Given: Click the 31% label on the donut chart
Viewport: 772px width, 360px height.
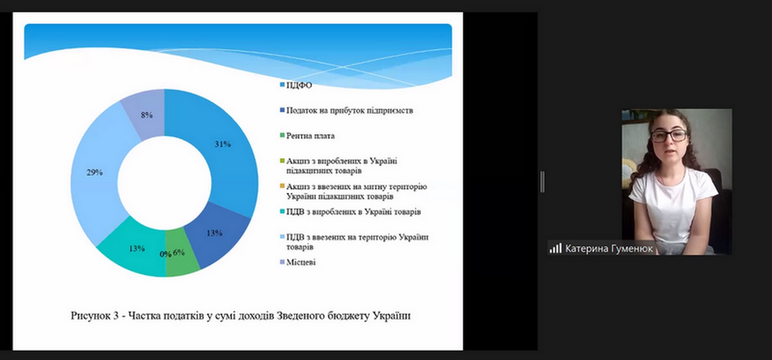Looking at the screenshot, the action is point(223,144).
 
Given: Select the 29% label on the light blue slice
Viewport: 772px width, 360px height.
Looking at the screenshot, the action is point(94,172).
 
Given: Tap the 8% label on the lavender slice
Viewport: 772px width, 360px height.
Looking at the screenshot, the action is point(147,115).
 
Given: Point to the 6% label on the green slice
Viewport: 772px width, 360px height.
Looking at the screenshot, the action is point(179,253).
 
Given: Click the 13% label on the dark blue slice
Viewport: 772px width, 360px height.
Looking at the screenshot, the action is point(214,233).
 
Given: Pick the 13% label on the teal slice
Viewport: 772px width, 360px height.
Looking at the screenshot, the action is point(136,248).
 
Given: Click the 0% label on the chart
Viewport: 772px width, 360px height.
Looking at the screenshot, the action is point(166,254).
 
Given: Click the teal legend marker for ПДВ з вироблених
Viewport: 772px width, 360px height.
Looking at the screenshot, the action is point(282,211).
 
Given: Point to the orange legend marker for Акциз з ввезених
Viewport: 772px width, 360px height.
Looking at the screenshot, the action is point(282,186).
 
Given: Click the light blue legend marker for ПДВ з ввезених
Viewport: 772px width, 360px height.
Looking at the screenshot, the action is point(282,237).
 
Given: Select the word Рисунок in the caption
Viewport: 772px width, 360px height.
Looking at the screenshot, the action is point(90,315).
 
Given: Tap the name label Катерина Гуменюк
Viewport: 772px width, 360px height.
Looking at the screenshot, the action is point(609,249).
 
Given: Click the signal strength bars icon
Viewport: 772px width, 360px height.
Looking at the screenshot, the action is point(556,248).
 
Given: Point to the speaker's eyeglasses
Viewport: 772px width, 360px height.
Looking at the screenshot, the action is point(668,136).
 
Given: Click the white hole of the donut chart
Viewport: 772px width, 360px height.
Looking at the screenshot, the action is point(164,183).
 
